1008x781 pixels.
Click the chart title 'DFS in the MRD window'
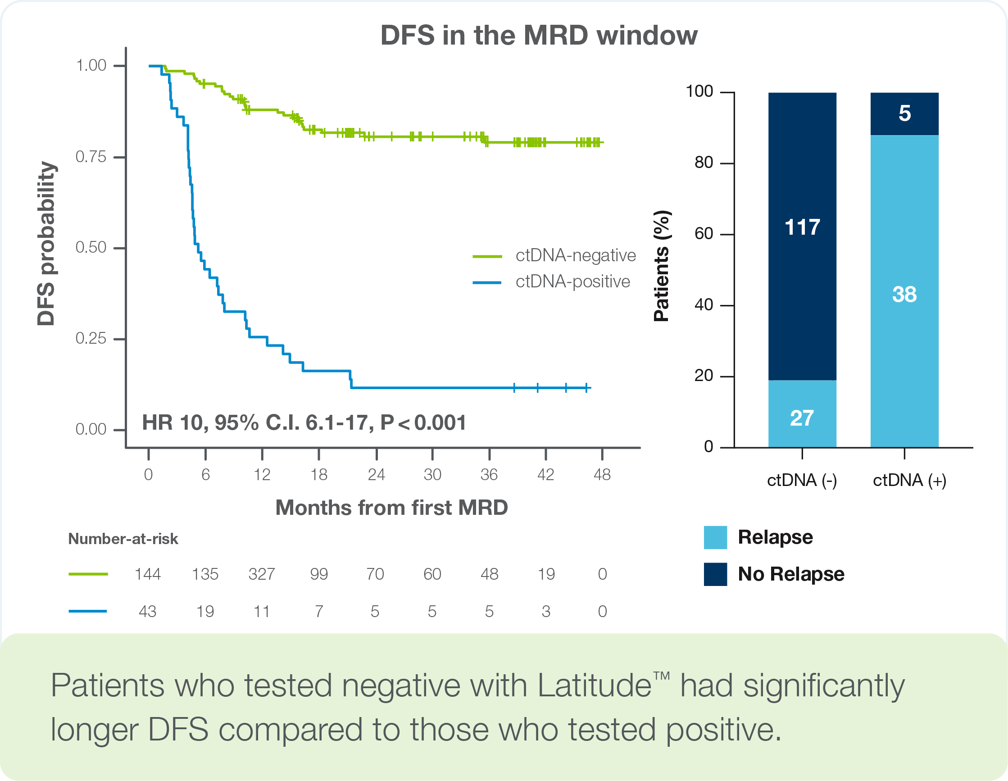(x=539, y=35)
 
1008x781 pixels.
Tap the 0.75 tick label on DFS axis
(x=91, y=157)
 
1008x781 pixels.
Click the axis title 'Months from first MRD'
(x=391, y=508)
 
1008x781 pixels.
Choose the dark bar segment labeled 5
(x=904, y=114)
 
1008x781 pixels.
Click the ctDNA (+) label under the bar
(x=909, y=481)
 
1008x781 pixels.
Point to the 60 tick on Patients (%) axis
(x=704, y=234)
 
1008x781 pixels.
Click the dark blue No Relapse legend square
(x=715, y=574)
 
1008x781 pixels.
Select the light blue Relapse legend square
(x=715, y=537)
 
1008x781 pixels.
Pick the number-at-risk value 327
(x=262, y=574)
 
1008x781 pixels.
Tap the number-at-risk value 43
(x=147, y=612)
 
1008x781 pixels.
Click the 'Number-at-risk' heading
(x=123, y=539)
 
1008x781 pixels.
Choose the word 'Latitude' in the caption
(x=595, y=686)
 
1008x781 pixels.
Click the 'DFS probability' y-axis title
(x=46, y=244)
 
